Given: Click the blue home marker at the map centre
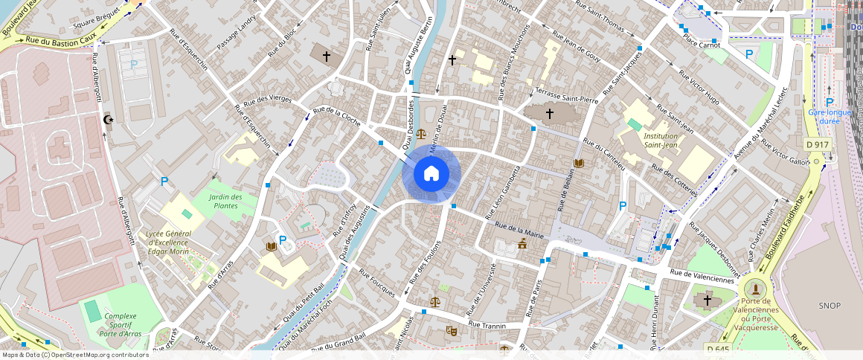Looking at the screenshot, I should (x=431, y=174).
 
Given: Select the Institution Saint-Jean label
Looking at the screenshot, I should (x=661, y=141).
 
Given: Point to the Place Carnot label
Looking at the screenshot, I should (x=702, y=45).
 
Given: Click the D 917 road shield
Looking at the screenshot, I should (x=817, y=144).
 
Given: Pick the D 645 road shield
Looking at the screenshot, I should (x=718, y=349).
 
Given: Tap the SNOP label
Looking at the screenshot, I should (x=829, y=306).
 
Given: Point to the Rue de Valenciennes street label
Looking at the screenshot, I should (x=702, y=276).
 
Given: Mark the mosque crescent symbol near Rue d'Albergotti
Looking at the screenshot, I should (x=109, y=119).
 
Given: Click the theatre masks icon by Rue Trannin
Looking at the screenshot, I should (x=451, y=330).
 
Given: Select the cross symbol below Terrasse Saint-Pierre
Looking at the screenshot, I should (x=550, y=114).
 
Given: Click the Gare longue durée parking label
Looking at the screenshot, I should (x=829, y=117).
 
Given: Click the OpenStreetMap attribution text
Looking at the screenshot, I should (x=74, y=355).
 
